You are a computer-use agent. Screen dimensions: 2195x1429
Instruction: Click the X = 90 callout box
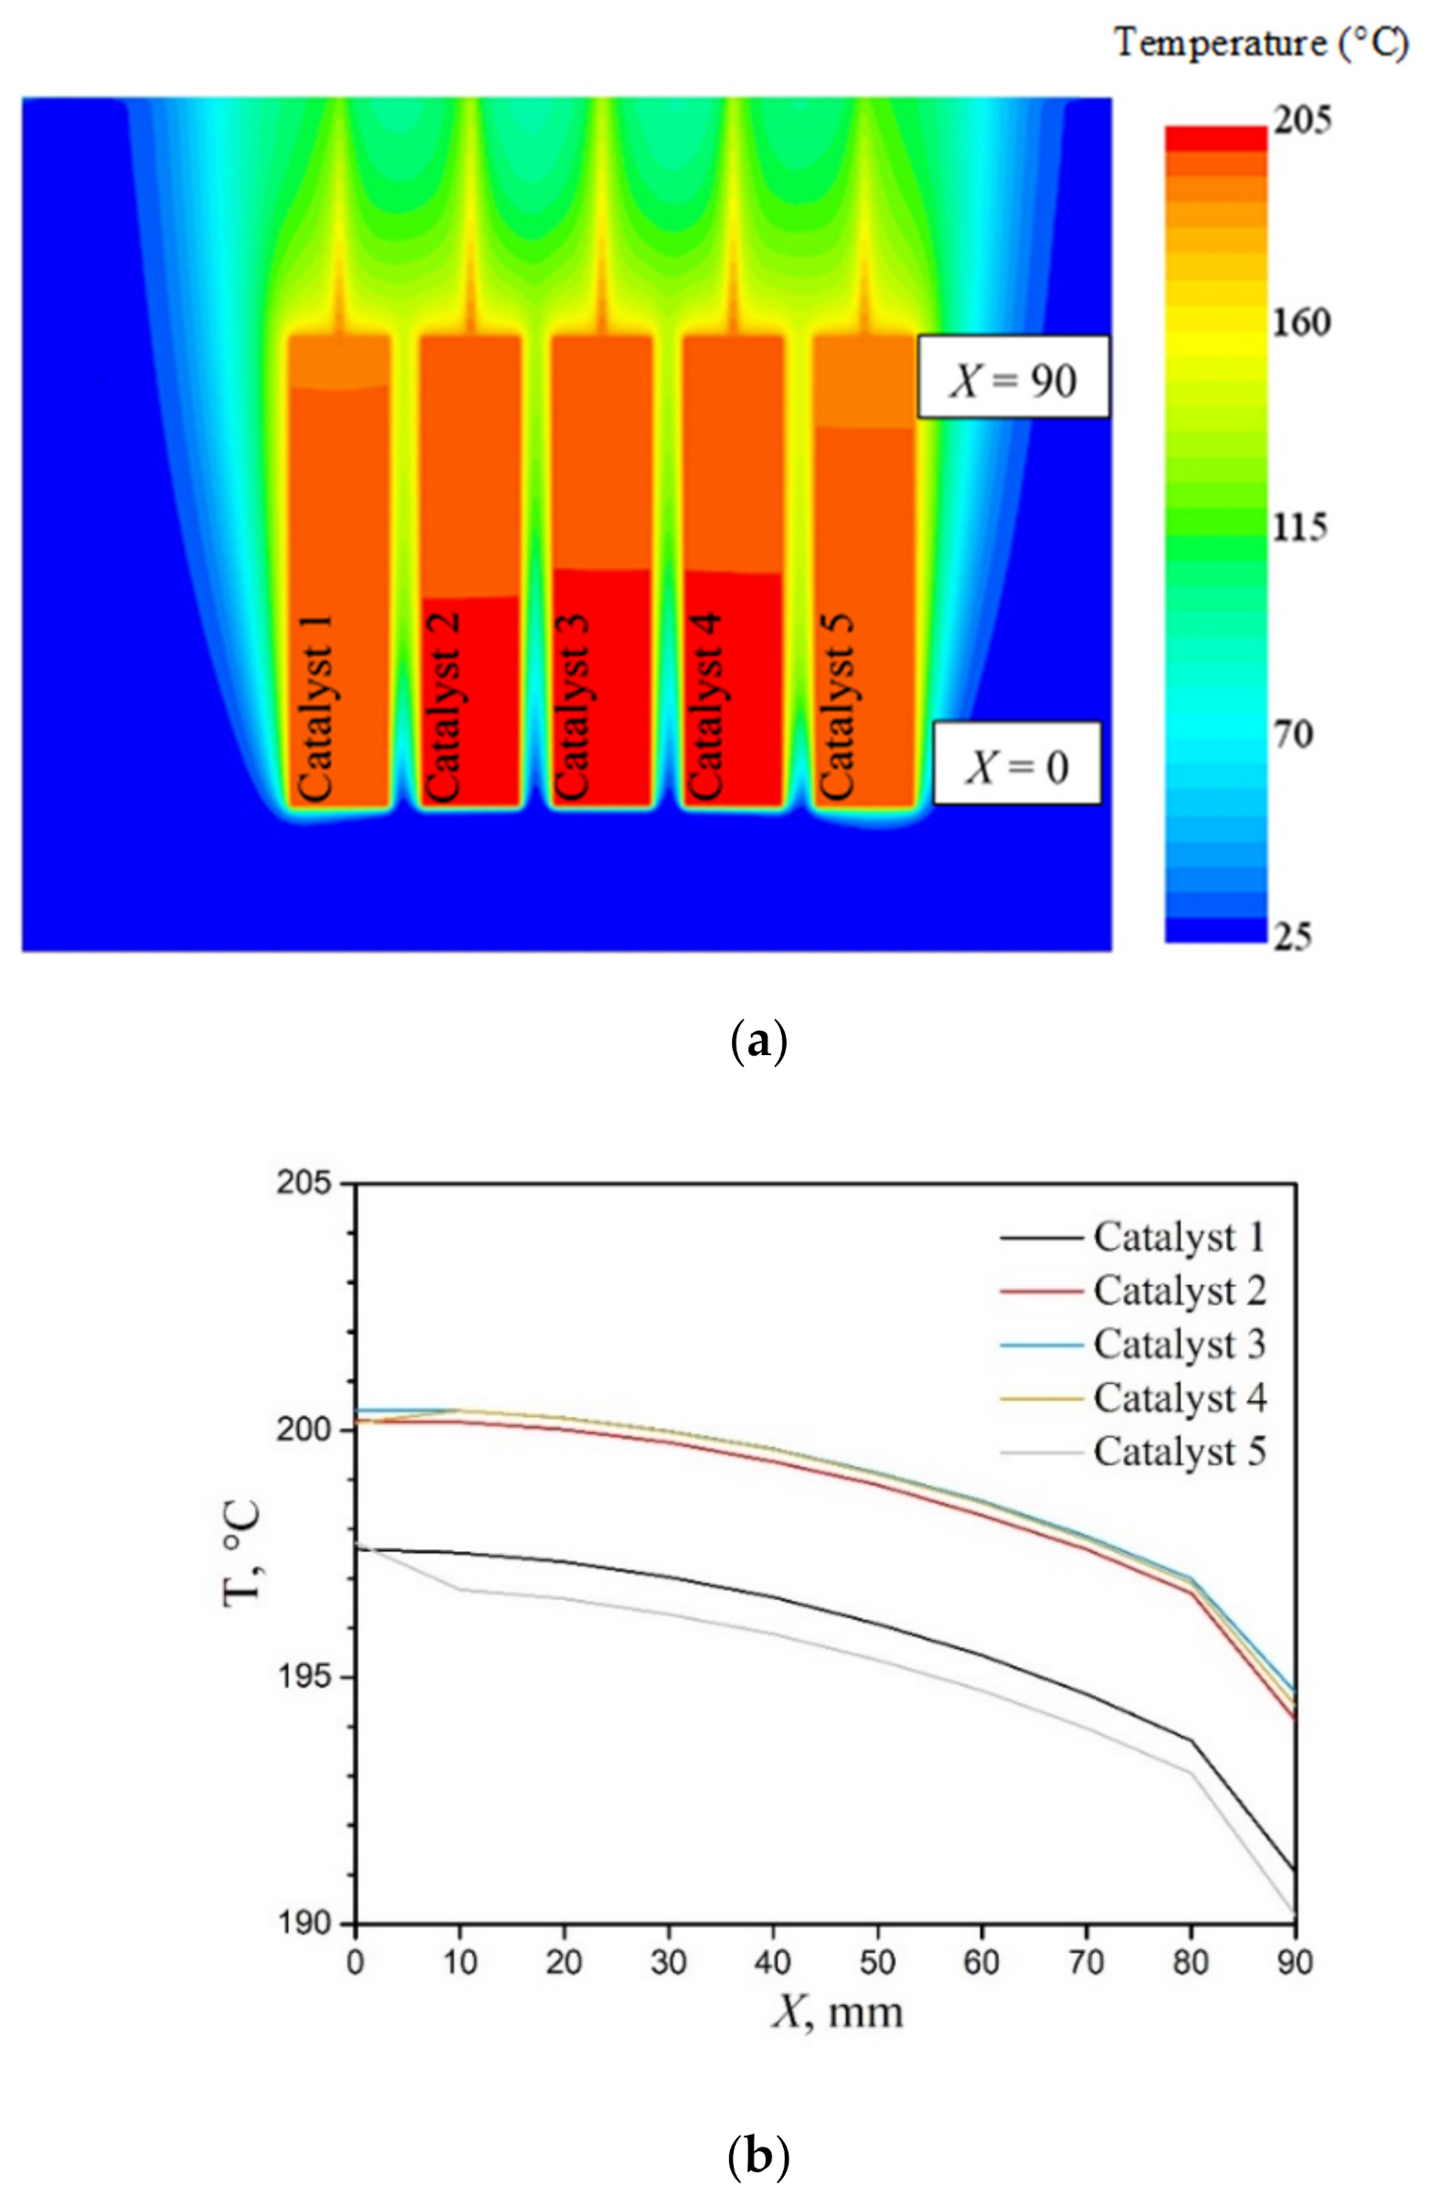pyautogui.click(x=1012, y=377)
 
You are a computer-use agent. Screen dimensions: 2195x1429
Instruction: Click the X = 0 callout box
pyautogui.click(x=1016, y=764)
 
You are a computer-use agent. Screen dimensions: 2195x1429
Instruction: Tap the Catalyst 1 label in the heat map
pyautogui.click(x=314, y=707)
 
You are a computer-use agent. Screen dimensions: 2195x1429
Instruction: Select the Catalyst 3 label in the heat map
pyautogui.click(x=572, y=707)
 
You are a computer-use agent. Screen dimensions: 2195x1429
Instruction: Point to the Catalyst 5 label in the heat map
pyautogui.click(x=837, y=707)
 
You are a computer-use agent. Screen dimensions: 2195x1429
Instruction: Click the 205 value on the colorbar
pyautogui.click(x=1302, y=121)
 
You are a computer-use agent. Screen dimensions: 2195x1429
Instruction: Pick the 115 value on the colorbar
pyautogui.click(x=1300, y=528)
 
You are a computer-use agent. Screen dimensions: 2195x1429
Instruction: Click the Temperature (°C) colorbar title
pyautogui.click(x=1260, y=43)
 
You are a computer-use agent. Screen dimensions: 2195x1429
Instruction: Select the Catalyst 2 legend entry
pyautogui.click(x=1179, y=1292)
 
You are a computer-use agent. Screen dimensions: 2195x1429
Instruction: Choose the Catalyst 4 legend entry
pyautogui.click(x=1179, y=1398)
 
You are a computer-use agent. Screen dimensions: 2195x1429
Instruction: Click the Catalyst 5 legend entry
pyautogui.click(x=1179, y=1451)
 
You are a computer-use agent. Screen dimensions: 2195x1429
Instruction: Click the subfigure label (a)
pyautogui.click(x=757, y=1043)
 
